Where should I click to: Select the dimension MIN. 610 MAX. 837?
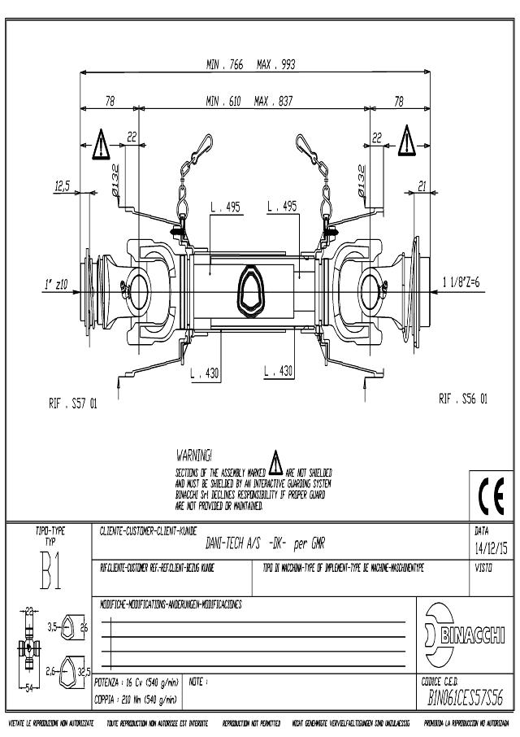249,102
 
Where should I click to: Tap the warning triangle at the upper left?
100,145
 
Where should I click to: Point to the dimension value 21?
422,186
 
